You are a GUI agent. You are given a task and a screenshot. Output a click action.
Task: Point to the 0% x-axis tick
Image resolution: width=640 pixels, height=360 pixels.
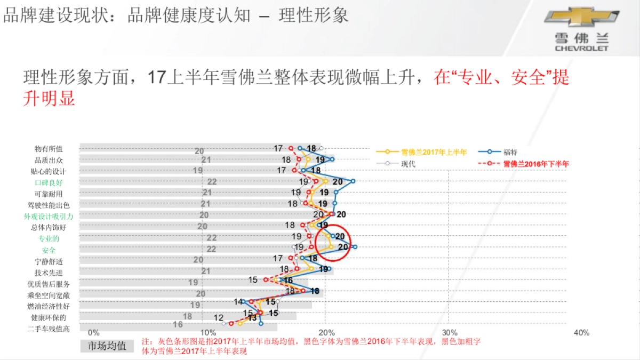(x=93, y=333)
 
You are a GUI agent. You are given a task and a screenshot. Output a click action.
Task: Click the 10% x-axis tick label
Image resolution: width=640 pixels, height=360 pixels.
(x=208, y=333)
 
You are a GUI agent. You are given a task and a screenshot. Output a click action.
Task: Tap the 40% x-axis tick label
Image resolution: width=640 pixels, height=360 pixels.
(x=581, y=333)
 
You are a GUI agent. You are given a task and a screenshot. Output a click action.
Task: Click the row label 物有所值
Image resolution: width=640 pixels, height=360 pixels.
(x=49, y=149)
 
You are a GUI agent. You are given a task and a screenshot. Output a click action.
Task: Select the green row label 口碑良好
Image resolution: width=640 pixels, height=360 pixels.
(x=49, y=182)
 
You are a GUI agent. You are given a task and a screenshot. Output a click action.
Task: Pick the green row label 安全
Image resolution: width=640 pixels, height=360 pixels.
(x=49, y=250)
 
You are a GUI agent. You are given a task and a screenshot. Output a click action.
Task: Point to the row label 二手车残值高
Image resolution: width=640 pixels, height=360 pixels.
(x=49, y=329)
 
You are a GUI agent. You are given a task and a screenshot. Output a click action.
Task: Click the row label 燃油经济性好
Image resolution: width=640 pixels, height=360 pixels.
(x=49, y=306)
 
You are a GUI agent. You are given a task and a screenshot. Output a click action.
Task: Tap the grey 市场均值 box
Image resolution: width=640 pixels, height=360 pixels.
(x=107, y=346)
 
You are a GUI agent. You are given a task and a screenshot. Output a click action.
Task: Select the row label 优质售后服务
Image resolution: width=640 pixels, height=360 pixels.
(x=49, y=284)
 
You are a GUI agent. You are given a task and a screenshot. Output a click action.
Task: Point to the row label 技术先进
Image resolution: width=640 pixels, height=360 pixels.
(x=49, y=273)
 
